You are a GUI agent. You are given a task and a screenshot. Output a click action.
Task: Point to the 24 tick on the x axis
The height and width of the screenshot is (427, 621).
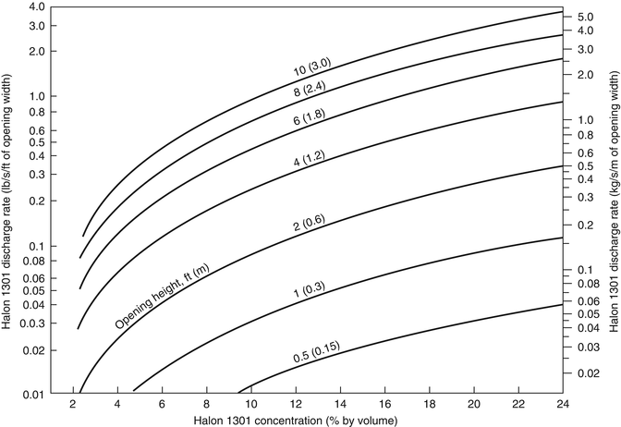tap(564, 404)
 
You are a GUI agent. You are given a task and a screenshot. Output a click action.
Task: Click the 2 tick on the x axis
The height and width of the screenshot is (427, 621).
tap(72, 404)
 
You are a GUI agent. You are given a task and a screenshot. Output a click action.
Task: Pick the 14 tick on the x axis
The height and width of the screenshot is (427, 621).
tap(340, 404)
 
